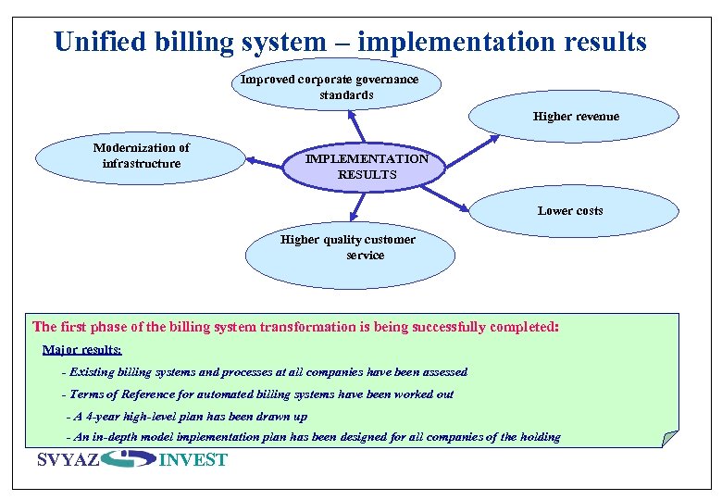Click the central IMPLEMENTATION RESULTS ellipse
tap(367, 167)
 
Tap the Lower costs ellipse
tap(570, 211)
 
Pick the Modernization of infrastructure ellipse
tap(141, 156)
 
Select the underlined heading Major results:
tap(81, 350)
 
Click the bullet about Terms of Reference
tap(257, 394)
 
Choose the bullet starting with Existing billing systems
tap(264, 372)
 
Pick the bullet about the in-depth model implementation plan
tap(314, 437)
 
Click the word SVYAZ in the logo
tap(68, 460)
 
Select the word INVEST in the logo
tap(193, 460)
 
